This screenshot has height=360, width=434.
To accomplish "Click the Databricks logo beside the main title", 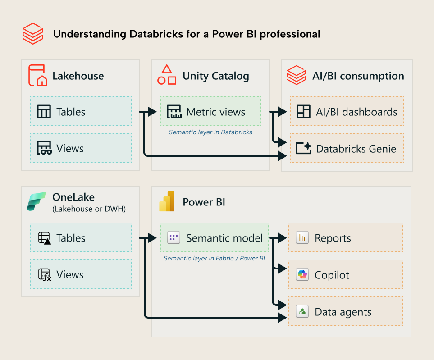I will point(33,34).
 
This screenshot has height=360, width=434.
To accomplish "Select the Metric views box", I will point(210,112).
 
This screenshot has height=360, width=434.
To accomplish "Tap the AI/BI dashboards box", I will point(347,112).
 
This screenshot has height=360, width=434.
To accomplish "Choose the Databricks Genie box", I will point(347,148).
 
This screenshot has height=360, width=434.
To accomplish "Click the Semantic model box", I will point(214,238).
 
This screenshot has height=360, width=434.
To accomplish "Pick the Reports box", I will point(345,238).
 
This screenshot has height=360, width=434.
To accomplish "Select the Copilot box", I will point(345,275).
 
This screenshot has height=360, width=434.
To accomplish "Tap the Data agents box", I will point(345,312).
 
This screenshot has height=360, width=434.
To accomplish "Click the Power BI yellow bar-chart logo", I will point(167,202).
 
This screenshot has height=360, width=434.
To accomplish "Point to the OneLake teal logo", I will point(37,201).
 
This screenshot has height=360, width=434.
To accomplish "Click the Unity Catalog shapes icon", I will point(167,75).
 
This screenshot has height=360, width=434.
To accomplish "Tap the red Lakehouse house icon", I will point(37,75).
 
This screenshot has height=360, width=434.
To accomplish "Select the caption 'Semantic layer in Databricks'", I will point(210,132).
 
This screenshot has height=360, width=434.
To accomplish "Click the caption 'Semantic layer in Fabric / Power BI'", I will point(214,259).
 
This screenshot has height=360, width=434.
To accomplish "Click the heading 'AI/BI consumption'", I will point(358,76).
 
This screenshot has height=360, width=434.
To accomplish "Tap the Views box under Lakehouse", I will point(81,148).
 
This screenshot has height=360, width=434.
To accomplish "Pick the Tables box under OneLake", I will point(81,238).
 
